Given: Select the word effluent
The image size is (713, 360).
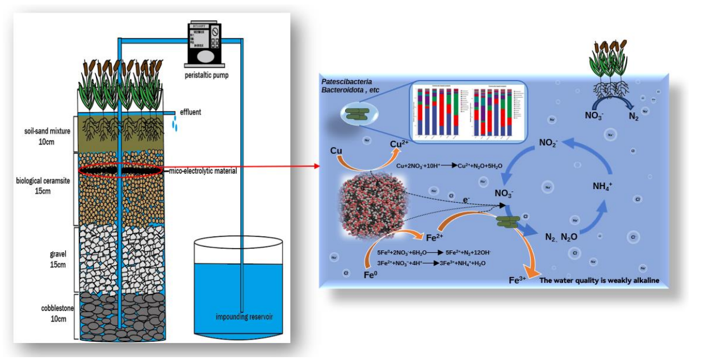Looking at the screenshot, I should pyautogui.click(x=190, y=112).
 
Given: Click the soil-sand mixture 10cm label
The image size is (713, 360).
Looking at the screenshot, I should pyautogui.click(x=47, y=137).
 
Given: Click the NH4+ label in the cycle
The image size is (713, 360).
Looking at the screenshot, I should pyautogui.click(x=603, y=185).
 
